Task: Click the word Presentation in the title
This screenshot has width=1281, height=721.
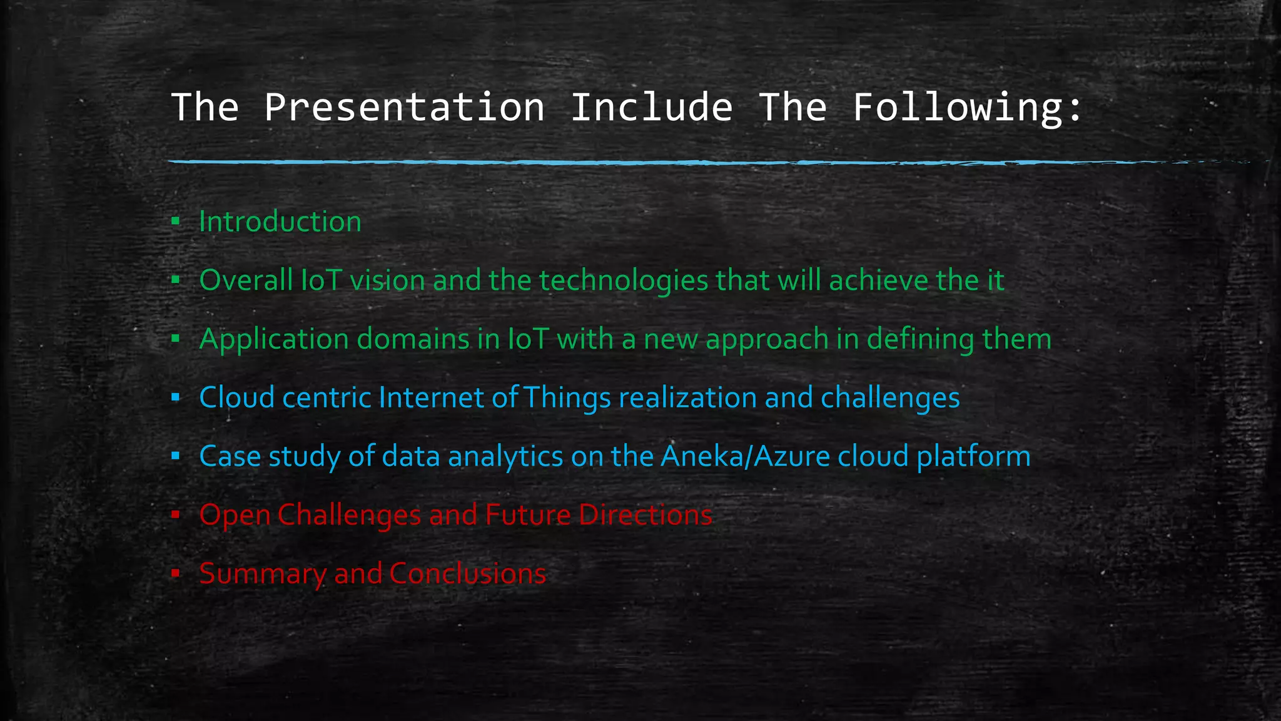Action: click(x=404, y=107)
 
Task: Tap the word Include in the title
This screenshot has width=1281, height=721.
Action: click(x=651, y=107)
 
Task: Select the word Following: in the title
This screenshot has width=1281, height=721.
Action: click(x=967, y=107)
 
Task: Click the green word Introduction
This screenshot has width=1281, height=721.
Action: click(x=280, y=222)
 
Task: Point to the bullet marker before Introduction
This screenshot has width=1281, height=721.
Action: click(x=176, y=221)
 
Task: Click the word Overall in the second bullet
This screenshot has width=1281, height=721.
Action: click(x=246, y=280)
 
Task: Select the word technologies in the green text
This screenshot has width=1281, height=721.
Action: click(x=624, y=280)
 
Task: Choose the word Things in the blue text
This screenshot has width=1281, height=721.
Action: click(x=567, y=397)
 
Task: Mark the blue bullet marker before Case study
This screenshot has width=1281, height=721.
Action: click(x=176, y=456)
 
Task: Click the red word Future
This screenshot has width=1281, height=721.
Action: click(x=528, y=514)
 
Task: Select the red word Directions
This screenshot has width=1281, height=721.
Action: click(x=646, y=514)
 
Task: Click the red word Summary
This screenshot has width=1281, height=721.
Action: click(x=262, y=574)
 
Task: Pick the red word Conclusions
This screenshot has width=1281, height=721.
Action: click(x=468, y=573)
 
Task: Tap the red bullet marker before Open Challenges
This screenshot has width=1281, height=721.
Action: click(x=176, y=514)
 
